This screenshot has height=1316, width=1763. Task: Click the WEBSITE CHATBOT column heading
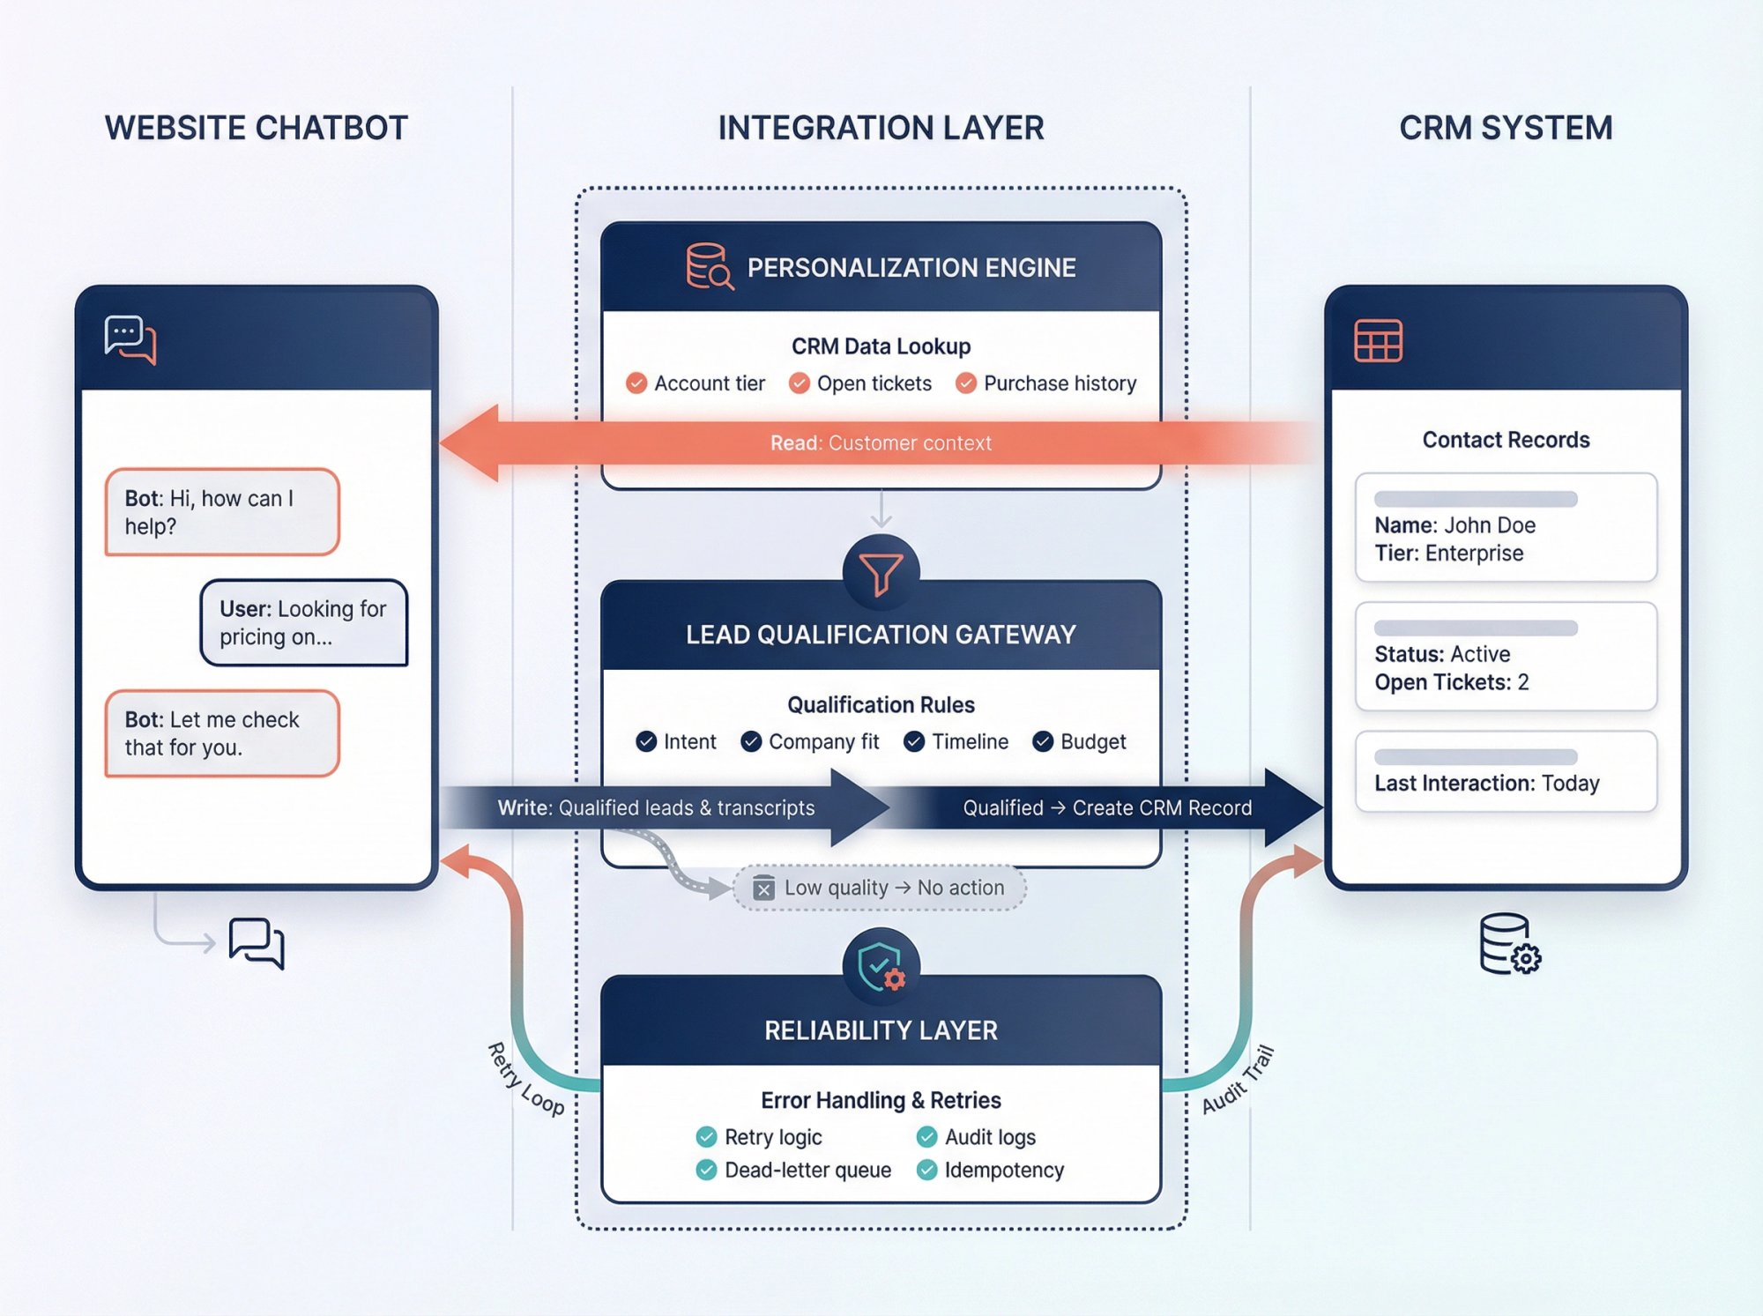(256, 128)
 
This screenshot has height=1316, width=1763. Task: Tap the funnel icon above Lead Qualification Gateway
(881, 574)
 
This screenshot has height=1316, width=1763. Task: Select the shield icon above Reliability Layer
(881, 967)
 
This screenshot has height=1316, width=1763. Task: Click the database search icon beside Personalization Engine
(709, 267)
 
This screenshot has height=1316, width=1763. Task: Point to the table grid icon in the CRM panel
(1378, 341)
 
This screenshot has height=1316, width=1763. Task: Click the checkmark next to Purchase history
(966, 383)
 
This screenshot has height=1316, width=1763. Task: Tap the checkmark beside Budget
(1043, 741)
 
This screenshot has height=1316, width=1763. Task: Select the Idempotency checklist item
(1003, 1170)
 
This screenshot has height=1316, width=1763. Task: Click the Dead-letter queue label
(807, 1170)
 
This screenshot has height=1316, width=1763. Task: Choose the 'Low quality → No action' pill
(880, 888)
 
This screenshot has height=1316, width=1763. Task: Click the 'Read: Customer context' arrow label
(881, 442)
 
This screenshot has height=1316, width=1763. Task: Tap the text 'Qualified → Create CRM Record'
(1106, 807)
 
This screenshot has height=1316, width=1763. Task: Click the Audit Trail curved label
(1238, 1079)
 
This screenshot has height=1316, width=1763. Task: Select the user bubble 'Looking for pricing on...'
(303, 622)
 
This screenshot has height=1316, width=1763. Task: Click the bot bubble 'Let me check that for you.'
(222, 733)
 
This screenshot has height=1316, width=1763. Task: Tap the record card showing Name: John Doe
(1506, 528)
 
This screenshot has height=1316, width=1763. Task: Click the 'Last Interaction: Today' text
(1486, 783)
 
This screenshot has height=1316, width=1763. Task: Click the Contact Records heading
(1506, 440)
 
